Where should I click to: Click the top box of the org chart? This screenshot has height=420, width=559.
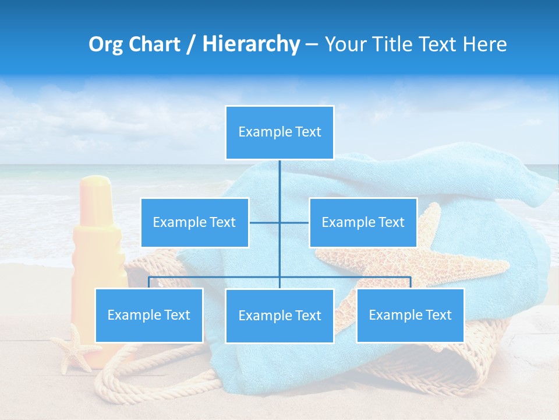(x=279, y=132)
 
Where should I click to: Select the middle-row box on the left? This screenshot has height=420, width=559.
(x=194, y=222)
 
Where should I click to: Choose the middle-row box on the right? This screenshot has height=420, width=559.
(x=363, y=222)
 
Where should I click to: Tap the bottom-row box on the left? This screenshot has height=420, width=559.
(x=149, y=315)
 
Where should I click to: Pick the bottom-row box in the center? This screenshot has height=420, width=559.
(x=279, y=316)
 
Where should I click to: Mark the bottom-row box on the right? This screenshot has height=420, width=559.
(x=410, y=315)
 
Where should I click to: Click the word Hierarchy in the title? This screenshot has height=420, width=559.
(x=250, y=44)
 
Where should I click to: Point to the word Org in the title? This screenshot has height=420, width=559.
(x=105, y=44)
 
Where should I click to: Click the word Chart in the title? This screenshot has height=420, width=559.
(x=154, y=44)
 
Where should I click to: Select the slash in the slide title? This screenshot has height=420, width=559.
(x=190, y=44)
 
